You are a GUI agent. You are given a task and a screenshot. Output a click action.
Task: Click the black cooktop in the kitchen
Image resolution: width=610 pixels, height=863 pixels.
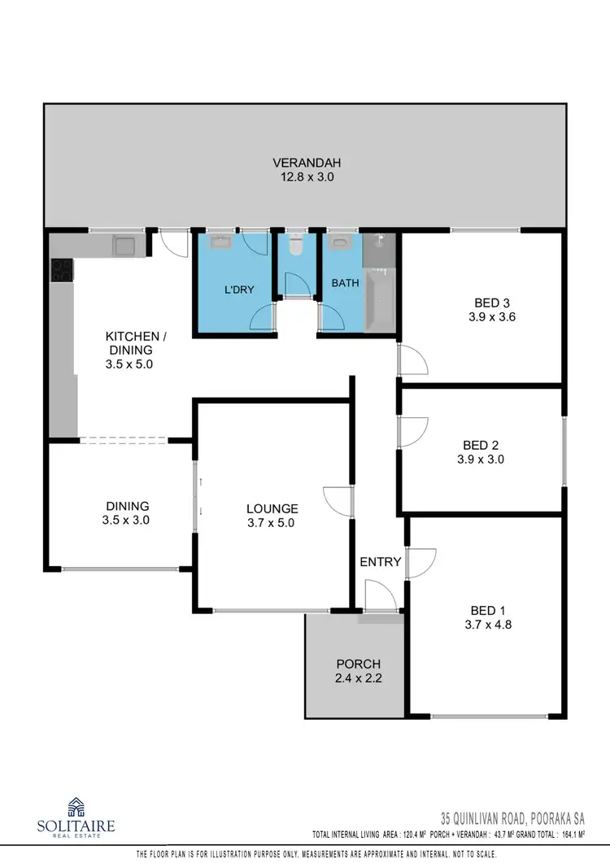click(x=61, y=270)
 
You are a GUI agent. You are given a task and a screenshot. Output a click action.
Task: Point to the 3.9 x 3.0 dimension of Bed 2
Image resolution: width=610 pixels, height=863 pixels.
click(x=480, y=459)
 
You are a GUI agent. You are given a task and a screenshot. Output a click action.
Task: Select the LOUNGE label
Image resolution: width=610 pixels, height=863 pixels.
click(x=272, y=509)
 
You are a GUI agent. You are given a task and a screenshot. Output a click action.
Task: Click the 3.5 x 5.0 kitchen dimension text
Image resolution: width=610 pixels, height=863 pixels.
click(x=129, y=365)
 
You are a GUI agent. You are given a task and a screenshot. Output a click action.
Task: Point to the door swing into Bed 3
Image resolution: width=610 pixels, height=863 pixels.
click(x=413, y=359)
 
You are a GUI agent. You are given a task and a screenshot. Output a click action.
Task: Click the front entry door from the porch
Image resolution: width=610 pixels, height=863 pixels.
click(x=380, y=598)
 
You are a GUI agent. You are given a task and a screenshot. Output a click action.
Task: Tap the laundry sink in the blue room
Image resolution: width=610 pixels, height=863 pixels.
click(x=221, y=242)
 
